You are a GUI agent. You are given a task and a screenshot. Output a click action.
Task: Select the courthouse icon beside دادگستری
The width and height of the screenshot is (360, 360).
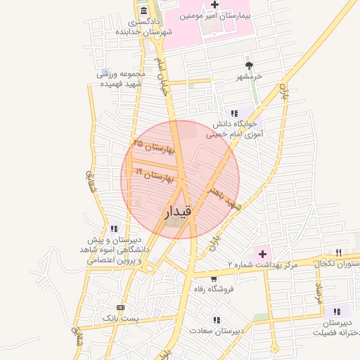(x=144, y=11)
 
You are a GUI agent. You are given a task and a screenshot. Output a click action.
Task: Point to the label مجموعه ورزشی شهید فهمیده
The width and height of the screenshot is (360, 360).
(x=121, y=78)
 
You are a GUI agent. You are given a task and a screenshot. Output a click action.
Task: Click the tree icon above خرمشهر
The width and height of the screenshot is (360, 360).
(x=247, y=65)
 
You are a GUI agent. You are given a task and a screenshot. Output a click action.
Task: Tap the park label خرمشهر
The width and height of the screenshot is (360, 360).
(x=250, y=75)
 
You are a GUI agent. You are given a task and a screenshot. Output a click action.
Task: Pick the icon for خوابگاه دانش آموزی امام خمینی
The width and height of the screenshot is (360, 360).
(x=234, y=113)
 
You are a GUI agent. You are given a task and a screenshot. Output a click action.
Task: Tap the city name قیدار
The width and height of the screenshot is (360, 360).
(x=179, y=211)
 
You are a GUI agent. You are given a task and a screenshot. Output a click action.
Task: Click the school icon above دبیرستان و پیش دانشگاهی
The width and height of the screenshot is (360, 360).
(x=114, y=229)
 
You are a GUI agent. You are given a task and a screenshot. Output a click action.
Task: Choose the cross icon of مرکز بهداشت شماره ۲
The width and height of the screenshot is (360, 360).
(x=262, y=252)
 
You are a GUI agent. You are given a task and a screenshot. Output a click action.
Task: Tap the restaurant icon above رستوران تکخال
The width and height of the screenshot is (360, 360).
(x=338, y=252)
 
